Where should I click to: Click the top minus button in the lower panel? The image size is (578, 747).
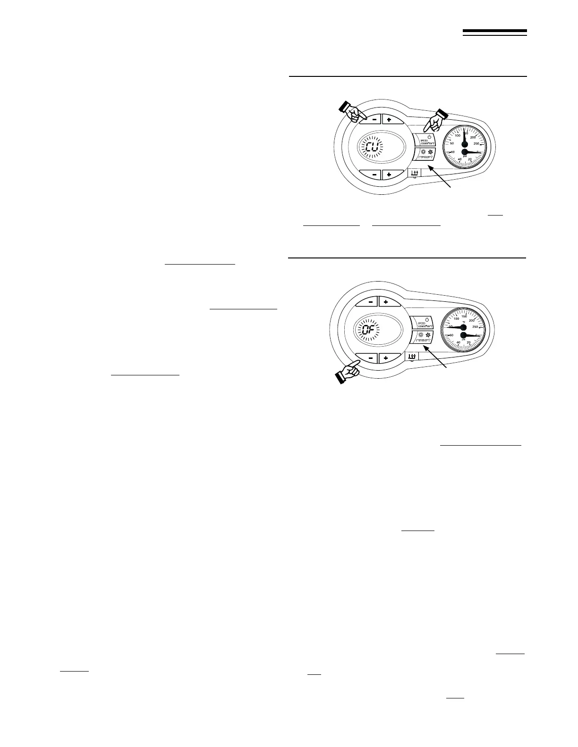pyautogui.click(x=366, y=302)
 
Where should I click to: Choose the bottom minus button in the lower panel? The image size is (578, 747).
pyautogui.click(x=366, y=358)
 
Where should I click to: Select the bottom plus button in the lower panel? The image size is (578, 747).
pyautogui.click(x=386, y=358)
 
